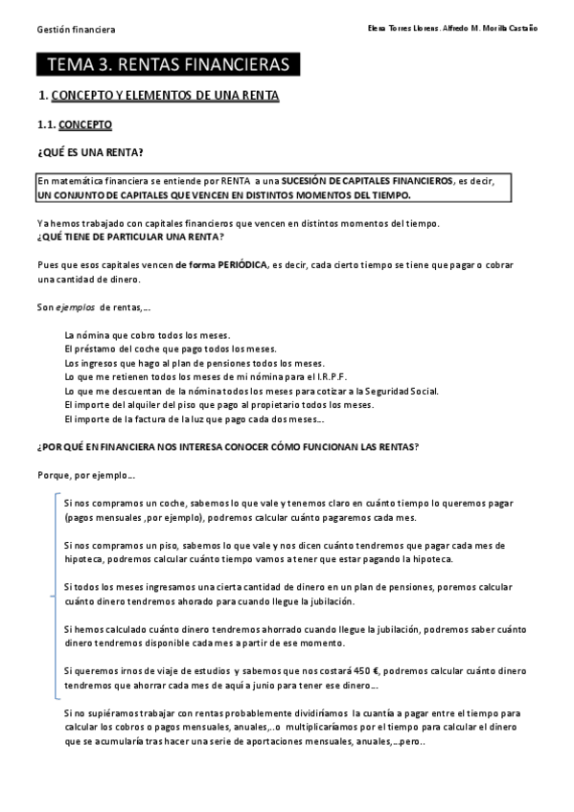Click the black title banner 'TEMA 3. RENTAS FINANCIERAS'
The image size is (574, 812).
(168, 65)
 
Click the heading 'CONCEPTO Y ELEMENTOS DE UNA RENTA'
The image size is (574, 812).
(164, 97)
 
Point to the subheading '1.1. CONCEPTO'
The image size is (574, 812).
(74, 124)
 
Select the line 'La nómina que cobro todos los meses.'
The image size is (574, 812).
(148, 335)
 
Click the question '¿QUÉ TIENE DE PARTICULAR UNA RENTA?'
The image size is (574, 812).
(130, 237)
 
